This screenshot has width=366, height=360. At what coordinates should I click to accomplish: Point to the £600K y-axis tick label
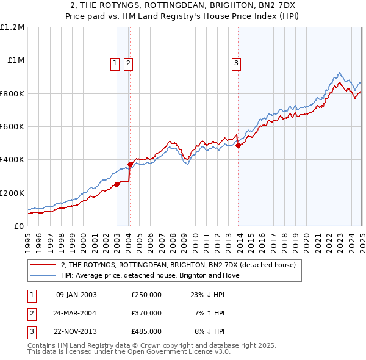tap(12, 126)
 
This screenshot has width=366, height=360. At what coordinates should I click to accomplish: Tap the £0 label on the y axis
tap(18, 226)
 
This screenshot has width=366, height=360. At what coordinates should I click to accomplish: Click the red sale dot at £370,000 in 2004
tap(131, 164)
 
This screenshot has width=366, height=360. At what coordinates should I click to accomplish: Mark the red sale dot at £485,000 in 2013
tap(238, 145)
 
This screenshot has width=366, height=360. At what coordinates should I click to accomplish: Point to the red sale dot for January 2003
tap(117, 184)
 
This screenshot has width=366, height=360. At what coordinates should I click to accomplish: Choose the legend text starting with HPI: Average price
tap(150, 275)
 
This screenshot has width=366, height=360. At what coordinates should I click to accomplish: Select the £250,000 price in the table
tap(146, 295)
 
